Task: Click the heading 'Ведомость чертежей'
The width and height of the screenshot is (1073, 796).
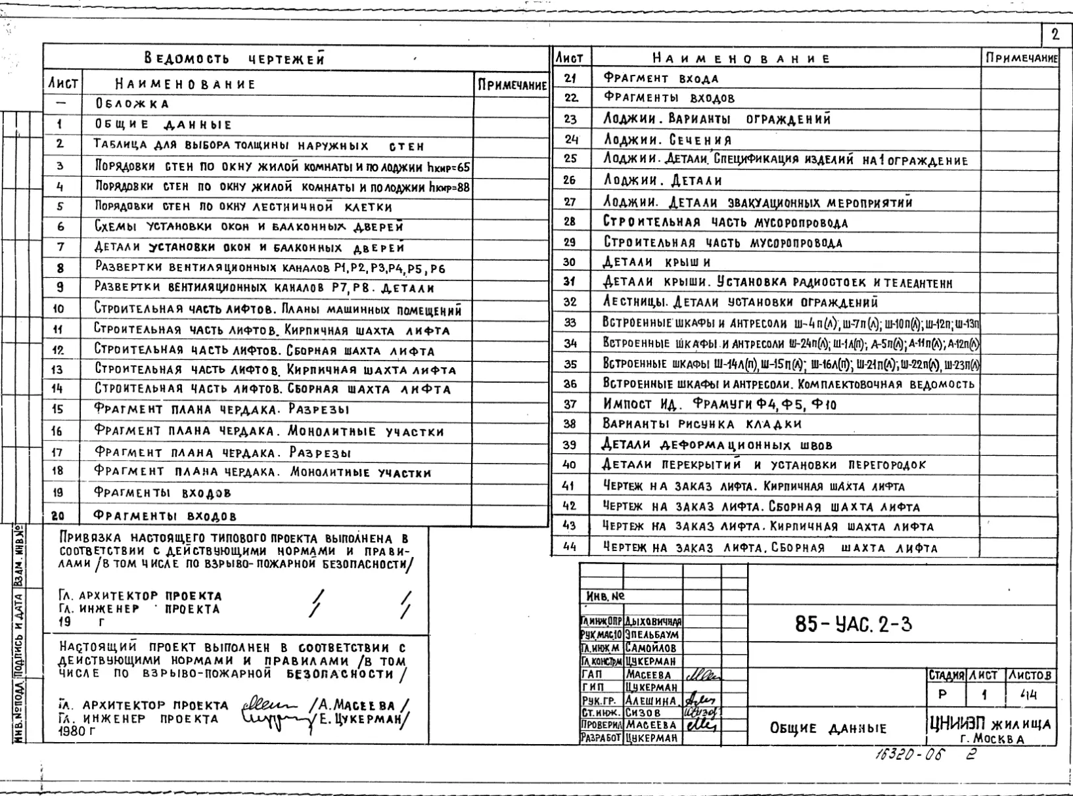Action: click(235, 59)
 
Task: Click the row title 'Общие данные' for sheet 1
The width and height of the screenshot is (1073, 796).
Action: click(163, 125)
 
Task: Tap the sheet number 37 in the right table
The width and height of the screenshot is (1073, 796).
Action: click(570, 404)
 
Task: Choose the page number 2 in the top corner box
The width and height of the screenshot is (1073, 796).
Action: click(1055, 35)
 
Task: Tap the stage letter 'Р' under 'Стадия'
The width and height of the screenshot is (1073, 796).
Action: click(943, 694)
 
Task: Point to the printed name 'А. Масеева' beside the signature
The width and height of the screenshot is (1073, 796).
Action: click(358, 706)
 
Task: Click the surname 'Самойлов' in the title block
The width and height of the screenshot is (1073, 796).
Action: click(651, 648)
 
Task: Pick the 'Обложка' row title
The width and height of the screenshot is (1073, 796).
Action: click(132, 104)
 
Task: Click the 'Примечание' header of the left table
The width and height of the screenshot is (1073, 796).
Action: click(512, 85)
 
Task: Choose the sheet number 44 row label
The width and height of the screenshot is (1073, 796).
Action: click(570, 546)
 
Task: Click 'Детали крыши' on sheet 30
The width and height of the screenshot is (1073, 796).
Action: click(656, 262)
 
